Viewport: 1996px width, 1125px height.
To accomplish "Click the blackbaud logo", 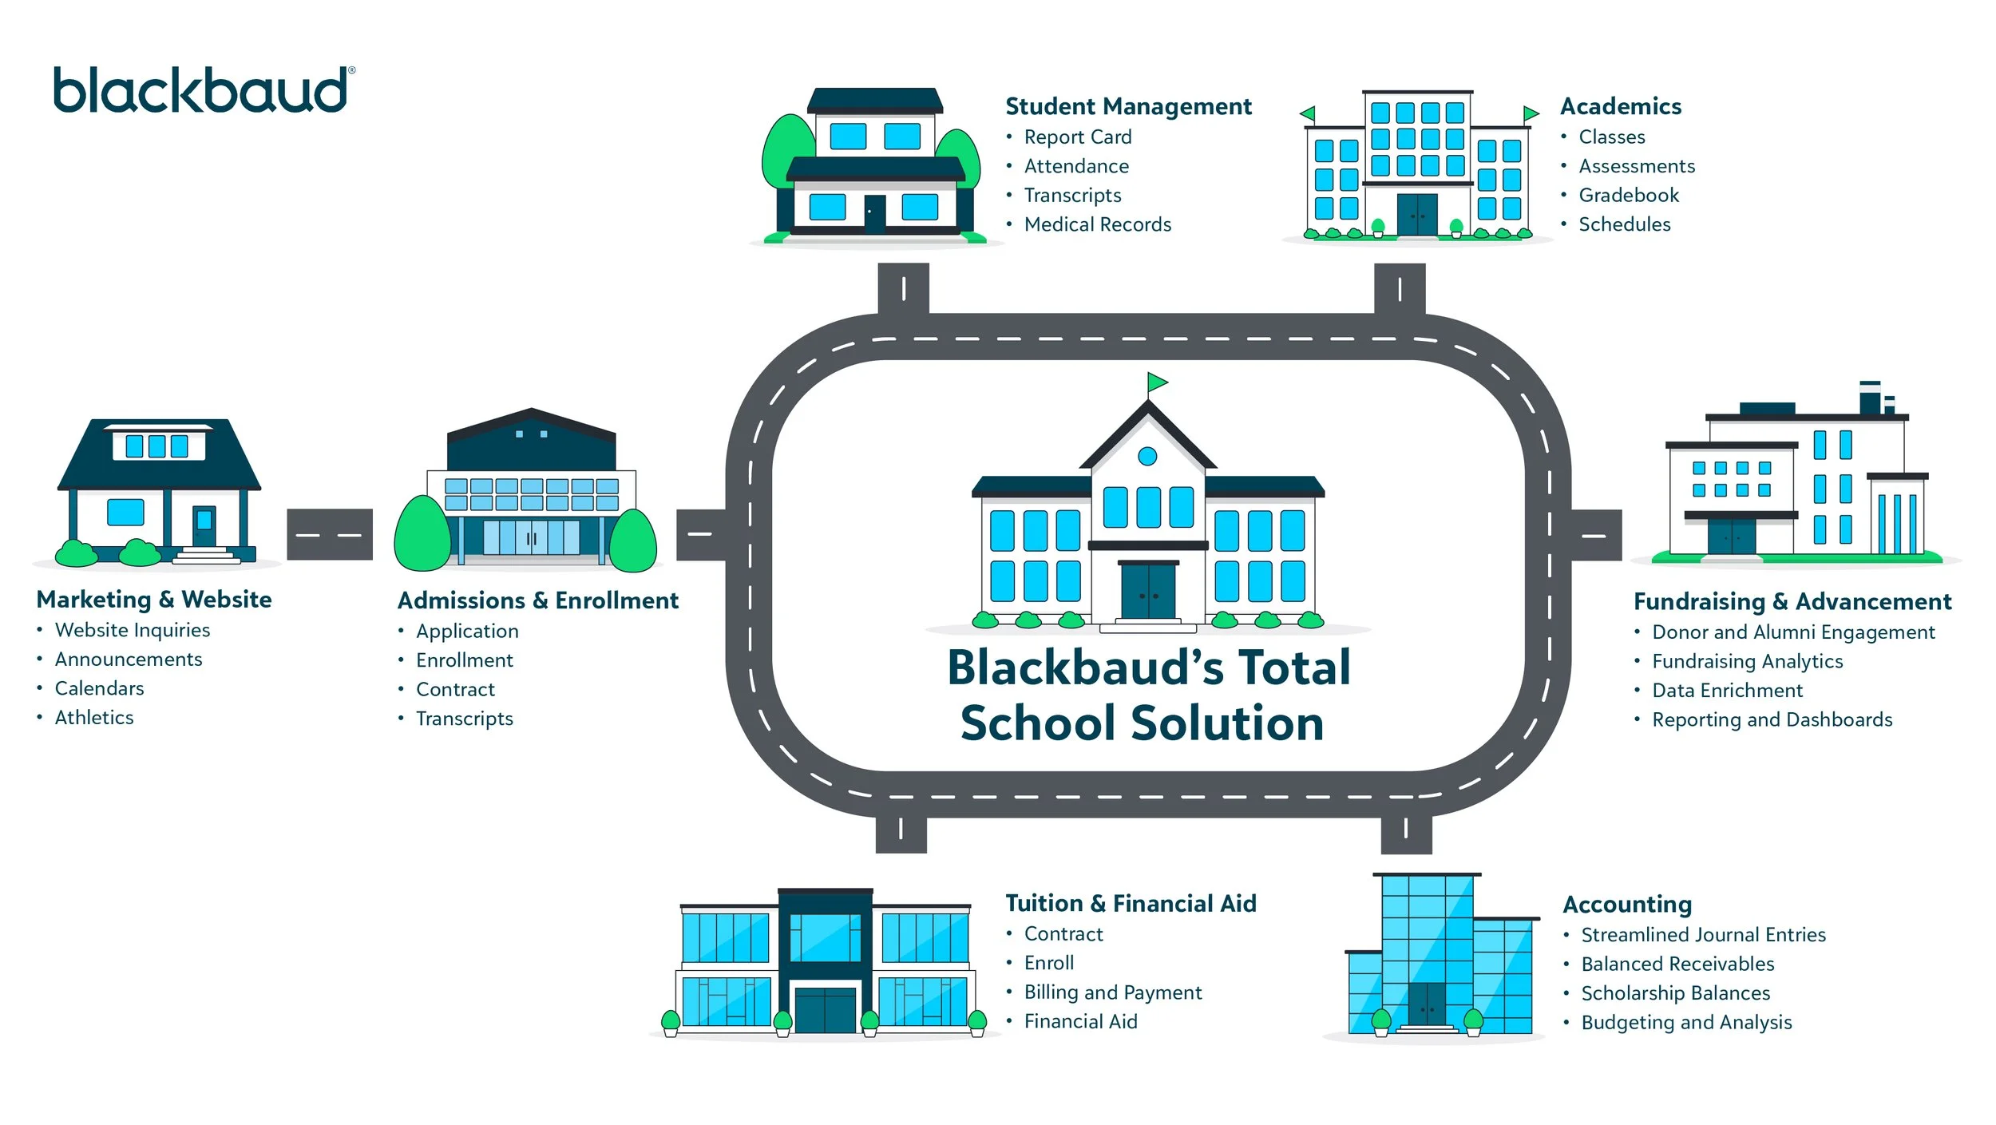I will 201,89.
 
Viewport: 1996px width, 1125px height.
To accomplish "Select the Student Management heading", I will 1128,106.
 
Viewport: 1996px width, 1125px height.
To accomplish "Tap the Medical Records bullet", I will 1097,224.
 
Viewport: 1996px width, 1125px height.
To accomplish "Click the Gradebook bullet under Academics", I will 1628,196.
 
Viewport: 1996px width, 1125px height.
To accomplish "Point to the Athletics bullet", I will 94,718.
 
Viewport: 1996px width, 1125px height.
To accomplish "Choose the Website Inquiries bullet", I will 132,630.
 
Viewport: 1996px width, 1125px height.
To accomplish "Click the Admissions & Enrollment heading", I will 537,600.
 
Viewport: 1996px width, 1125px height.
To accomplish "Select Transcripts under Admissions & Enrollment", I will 464,719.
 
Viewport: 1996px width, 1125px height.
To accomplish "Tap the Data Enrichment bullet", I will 1727,691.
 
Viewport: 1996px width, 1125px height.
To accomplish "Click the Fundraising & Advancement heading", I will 1792,601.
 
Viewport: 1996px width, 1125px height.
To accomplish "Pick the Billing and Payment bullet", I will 1112,992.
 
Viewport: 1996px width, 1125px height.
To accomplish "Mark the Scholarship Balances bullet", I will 1675,993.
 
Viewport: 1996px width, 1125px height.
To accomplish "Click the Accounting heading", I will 1627,904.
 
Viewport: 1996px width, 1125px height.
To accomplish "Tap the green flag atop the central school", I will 1157,382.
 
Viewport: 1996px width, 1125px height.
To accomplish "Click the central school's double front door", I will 1148,591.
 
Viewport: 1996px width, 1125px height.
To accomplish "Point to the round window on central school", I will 1147,456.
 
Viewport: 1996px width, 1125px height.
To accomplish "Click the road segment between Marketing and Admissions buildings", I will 330,534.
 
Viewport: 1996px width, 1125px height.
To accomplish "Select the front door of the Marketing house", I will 204,526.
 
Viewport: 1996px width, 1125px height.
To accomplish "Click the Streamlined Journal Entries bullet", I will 1703,935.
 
